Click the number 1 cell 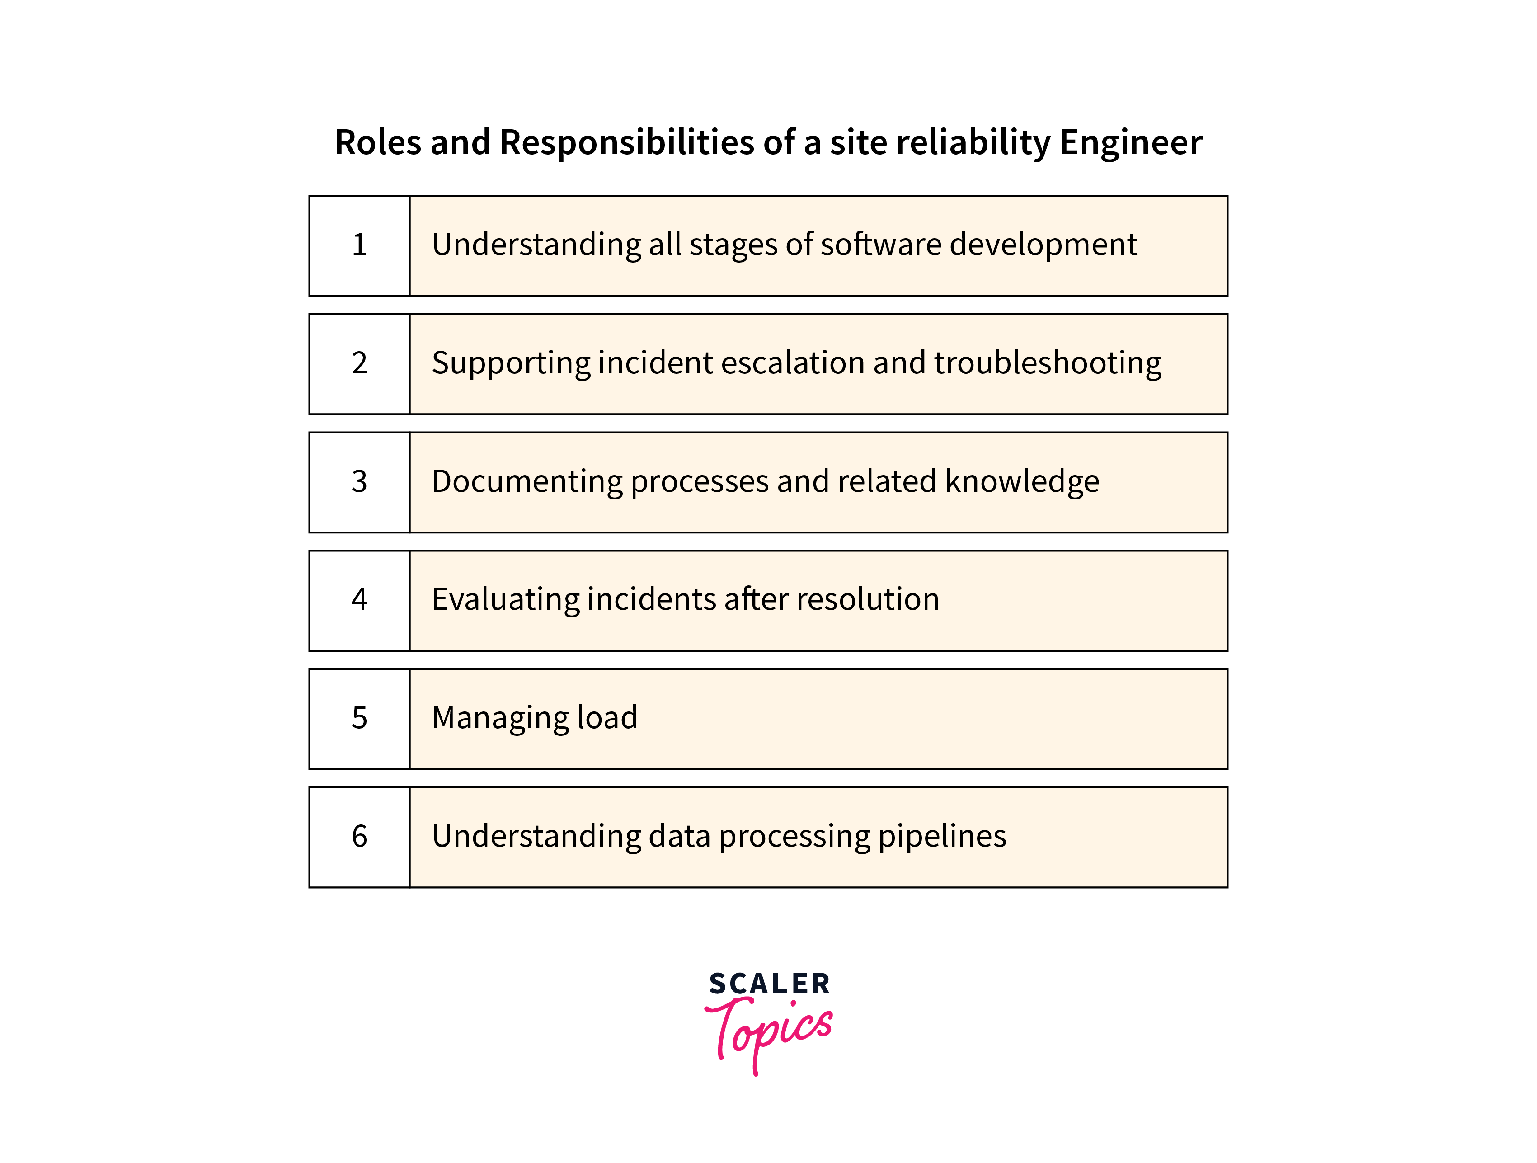(x=359, y=246)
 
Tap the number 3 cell (x=359, y=482)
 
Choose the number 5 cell (x=359, y=719)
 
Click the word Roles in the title (x=378, y=142)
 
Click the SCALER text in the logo (x=769, y=984)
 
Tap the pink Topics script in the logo (x=768, y=1034)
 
